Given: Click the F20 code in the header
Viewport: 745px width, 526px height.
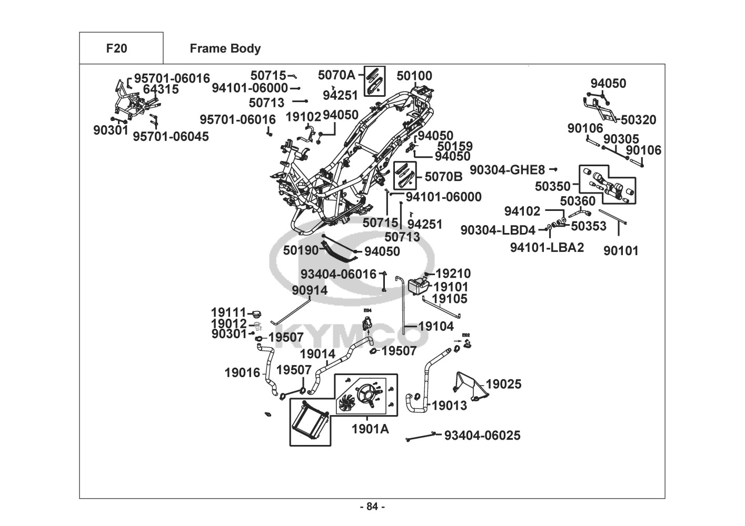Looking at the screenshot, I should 116,48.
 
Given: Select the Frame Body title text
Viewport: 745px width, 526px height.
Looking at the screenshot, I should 225,48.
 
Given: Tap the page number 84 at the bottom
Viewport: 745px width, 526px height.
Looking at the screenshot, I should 372,507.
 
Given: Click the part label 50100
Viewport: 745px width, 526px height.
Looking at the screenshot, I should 414,76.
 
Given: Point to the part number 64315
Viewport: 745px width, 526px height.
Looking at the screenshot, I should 161,89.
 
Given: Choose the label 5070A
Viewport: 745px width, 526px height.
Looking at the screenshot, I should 336,75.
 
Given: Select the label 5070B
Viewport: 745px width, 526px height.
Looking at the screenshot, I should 443,177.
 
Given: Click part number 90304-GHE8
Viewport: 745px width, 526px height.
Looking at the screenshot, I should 507,170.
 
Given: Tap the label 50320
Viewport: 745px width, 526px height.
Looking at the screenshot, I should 638,120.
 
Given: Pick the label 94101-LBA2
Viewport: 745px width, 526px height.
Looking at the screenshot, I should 547,247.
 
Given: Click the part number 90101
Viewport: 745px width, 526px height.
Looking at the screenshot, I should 620,251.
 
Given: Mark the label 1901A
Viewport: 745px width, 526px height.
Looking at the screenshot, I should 370,429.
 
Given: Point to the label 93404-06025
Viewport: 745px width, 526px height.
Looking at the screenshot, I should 482,436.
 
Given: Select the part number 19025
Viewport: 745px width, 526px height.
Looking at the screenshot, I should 503,385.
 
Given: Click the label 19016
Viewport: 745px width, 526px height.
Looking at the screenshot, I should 242,373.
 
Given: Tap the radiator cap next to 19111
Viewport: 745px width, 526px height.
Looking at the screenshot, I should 256,314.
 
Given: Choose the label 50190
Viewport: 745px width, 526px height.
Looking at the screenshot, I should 301,250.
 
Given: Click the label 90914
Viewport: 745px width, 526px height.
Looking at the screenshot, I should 310,290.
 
